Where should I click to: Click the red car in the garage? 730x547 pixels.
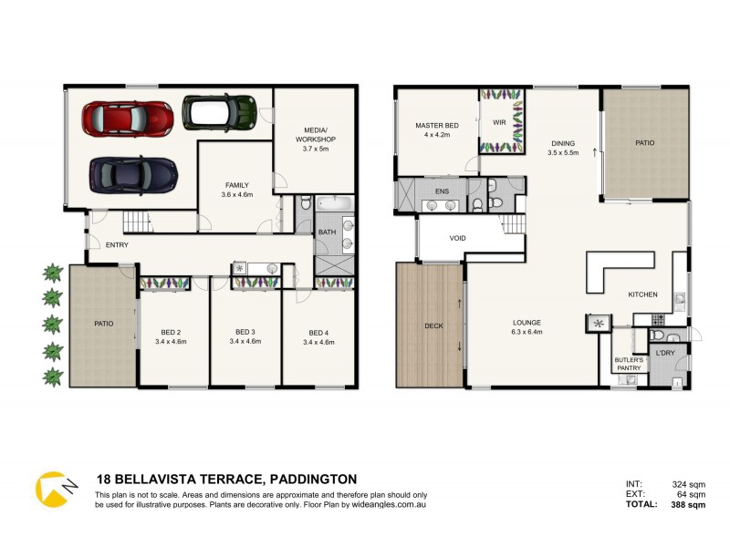128,118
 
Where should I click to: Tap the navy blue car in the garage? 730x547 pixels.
133,171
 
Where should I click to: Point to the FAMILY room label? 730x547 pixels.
235,185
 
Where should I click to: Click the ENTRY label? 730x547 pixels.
117,244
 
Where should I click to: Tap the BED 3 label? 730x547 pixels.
244,332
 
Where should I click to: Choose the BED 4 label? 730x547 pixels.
317,332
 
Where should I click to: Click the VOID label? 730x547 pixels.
458,239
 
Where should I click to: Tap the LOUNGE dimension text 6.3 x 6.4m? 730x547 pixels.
527,332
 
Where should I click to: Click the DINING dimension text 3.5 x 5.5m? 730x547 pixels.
563,152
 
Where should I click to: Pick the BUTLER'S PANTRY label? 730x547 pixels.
628,364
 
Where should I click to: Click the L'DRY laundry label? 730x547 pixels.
665,352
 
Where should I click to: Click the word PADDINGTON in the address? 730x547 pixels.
309,479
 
